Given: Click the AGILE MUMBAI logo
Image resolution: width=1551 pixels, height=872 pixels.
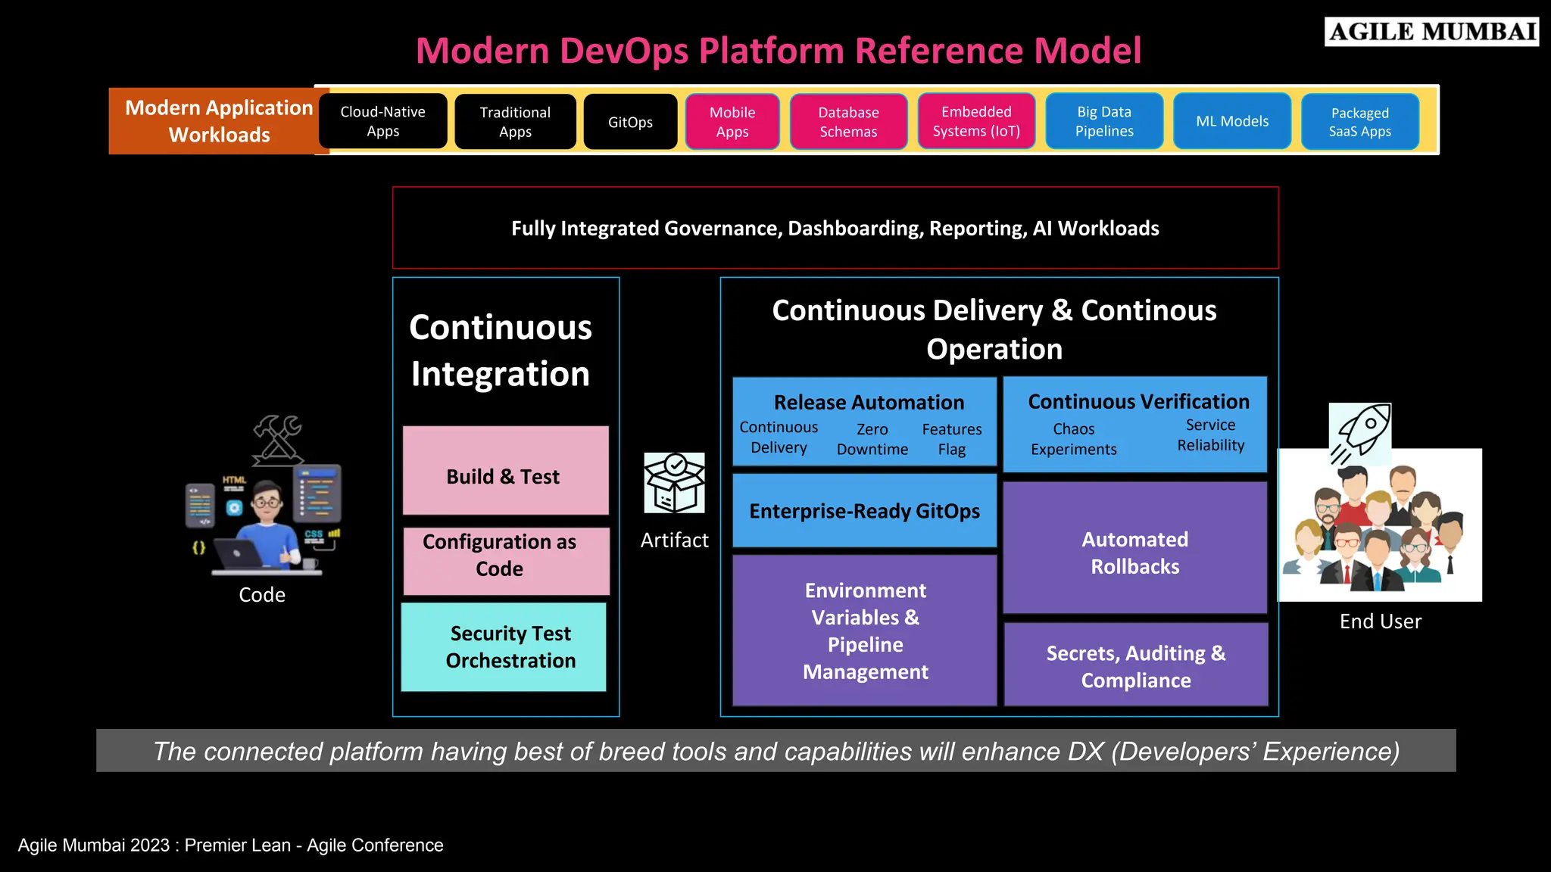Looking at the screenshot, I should click(1431, 32).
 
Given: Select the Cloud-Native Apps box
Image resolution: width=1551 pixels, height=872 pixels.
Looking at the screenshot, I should click(382, 121).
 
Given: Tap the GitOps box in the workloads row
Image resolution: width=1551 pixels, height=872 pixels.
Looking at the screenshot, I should click(630, 122).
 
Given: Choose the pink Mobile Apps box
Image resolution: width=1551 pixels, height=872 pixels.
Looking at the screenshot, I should click(732, 122).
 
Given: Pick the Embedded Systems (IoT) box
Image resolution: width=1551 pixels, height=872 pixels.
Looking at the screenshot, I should click(976, 121).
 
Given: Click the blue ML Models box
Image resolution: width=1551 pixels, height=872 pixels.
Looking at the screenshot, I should click(1231, 121).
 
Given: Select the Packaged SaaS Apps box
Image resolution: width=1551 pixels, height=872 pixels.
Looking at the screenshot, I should click(1359, 122).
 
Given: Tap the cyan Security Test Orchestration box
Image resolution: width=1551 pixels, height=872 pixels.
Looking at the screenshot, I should click(504, 646).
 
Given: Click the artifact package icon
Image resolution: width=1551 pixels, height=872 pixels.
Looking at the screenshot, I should click(674, 483).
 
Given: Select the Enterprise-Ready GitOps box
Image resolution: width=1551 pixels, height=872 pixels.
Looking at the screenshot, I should click(864, 511).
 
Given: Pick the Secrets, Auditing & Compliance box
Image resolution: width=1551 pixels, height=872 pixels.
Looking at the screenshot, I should click(1135, 665).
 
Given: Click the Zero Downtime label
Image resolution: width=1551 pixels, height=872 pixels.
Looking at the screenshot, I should click(872, 439).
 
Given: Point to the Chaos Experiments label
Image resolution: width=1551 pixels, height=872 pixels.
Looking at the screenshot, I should click(1073, 439).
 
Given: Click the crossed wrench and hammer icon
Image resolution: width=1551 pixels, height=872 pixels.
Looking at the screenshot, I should click(278, 439).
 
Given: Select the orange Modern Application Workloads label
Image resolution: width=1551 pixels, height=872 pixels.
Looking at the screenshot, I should click(219, 121).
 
